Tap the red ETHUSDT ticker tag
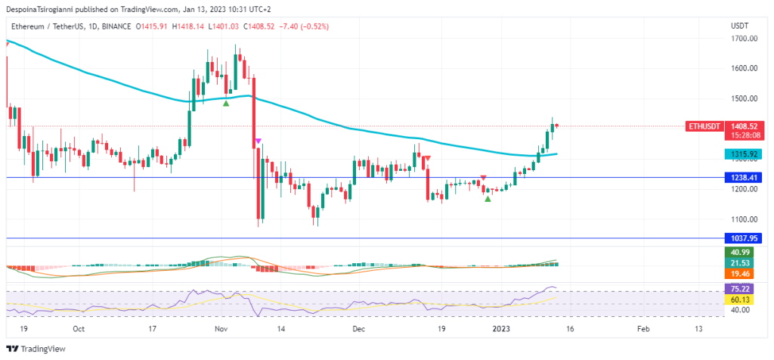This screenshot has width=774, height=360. tap(703, 126)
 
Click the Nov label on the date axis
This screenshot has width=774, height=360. tap(221, 329)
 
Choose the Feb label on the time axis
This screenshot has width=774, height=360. tap(643, 329)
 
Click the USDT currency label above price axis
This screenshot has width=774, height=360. tap(739, 25)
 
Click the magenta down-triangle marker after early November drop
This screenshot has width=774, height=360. tap(259, 141)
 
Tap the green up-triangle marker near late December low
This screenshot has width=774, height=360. tap(488, 198)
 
